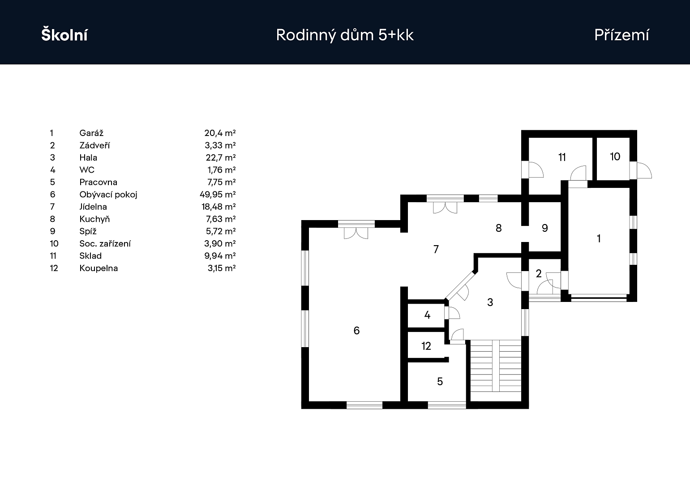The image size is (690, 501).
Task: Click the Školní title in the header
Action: (x=64, y=35)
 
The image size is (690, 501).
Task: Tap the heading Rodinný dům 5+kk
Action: (x=345, y=35)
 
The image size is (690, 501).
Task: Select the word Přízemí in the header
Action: (x=621, y=35)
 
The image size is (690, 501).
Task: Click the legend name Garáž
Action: (x=91, y=133)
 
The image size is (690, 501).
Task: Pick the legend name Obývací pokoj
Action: (x=108, y=195)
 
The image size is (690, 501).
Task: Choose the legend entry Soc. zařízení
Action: (x=105, y=244)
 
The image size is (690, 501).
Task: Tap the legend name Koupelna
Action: (x=99, y=268)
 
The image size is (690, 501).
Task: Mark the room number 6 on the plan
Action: (x=356, y=331)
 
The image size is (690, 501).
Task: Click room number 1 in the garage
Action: (x=599, y=238)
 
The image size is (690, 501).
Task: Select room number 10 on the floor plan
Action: (x=615, y=157)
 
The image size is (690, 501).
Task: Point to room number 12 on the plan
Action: (x=426, y=346)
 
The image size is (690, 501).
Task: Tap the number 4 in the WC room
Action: (x=427, y=315)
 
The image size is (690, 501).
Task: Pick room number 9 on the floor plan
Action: (x=544, y=228)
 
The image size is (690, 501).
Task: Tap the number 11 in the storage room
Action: (x=562, y=157)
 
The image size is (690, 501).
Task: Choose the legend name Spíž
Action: (x=88, y=231)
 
